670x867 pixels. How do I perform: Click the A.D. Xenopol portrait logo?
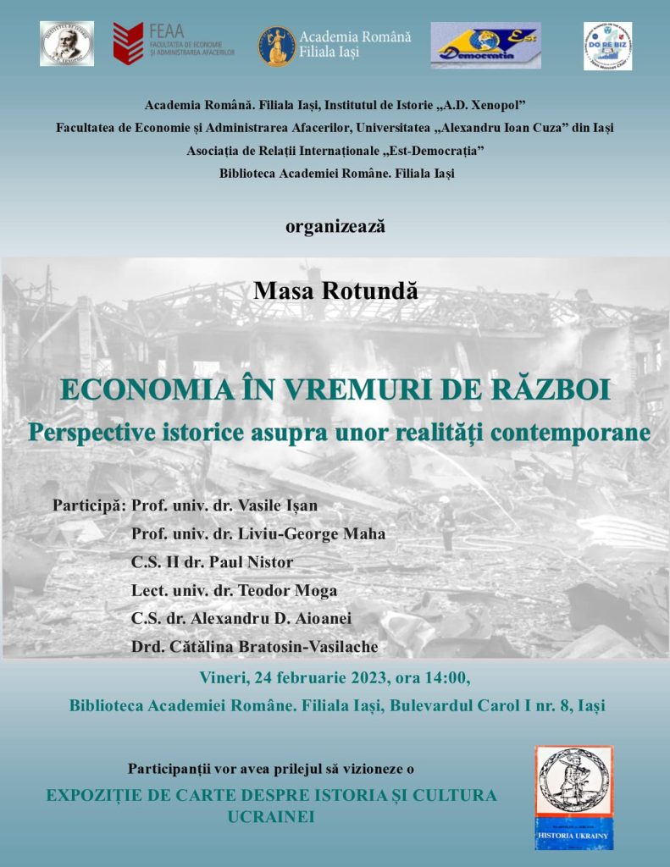(67, 44)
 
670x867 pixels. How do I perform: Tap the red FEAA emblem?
(128, 44)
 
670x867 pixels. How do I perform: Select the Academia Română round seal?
(276, 46)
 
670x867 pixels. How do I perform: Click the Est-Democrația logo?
(485, 46)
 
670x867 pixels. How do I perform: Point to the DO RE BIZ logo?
(607, 46)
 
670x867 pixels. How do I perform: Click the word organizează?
(335, 226)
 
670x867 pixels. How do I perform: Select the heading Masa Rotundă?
(335, 290)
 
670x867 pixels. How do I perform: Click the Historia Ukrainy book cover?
(574, 798)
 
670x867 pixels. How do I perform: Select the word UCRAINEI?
(271, 817)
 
